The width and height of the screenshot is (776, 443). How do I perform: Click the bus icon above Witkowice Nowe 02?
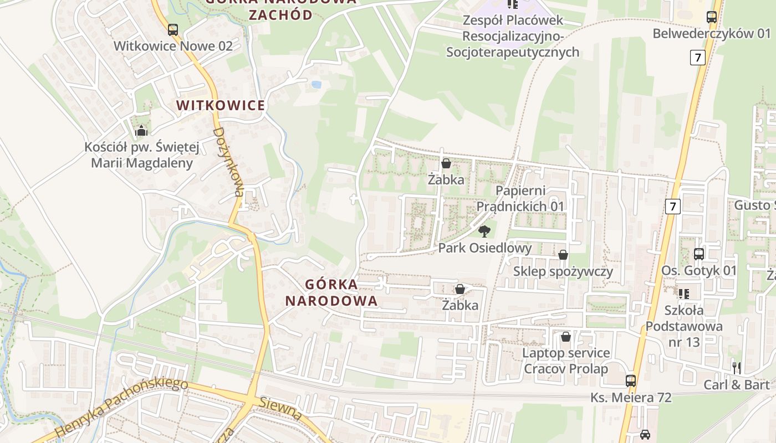tap(173, 29)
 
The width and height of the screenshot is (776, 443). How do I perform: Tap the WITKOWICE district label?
tap(221, 105)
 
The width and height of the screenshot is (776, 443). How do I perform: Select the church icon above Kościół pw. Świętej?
tap(141, 131)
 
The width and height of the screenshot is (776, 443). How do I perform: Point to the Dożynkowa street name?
tap(229, 162)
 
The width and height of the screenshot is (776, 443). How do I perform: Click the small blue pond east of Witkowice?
tap(316, 85)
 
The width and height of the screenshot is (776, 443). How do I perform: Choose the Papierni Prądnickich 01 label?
tap(520, 198)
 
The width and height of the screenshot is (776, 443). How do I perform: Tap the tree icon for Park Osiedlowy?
tap(484, 231)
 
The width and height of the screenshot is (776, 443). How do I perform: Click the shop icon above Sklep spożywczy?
tap(563, 255)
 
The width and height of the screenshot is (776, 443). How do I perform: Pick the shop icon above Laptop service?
tap(566, 337)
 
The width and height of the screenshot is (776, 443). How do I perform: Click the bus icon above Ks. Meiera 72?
tap(631, 380)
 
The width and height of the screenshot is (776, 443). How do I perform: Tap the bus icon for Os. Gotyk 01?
tap(699, 254)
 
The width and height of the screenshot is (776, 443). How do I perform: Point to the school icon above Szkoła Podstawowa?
tap(684, 293)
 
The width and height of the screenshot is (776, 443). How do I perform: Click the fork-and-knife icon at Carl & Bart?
tap(737, 368)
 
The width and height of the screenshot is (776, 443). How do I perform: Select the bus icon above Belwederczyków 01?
tap(712, 17)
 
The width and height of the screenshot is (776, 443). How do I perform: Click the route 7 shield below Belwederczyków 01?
tap(698, 57)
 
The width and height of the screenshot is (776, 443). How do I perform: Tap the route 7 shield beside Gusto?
tap(673, 207)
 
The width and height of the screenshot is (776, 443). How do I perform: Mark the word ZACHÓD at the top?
tap(280, 14)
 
